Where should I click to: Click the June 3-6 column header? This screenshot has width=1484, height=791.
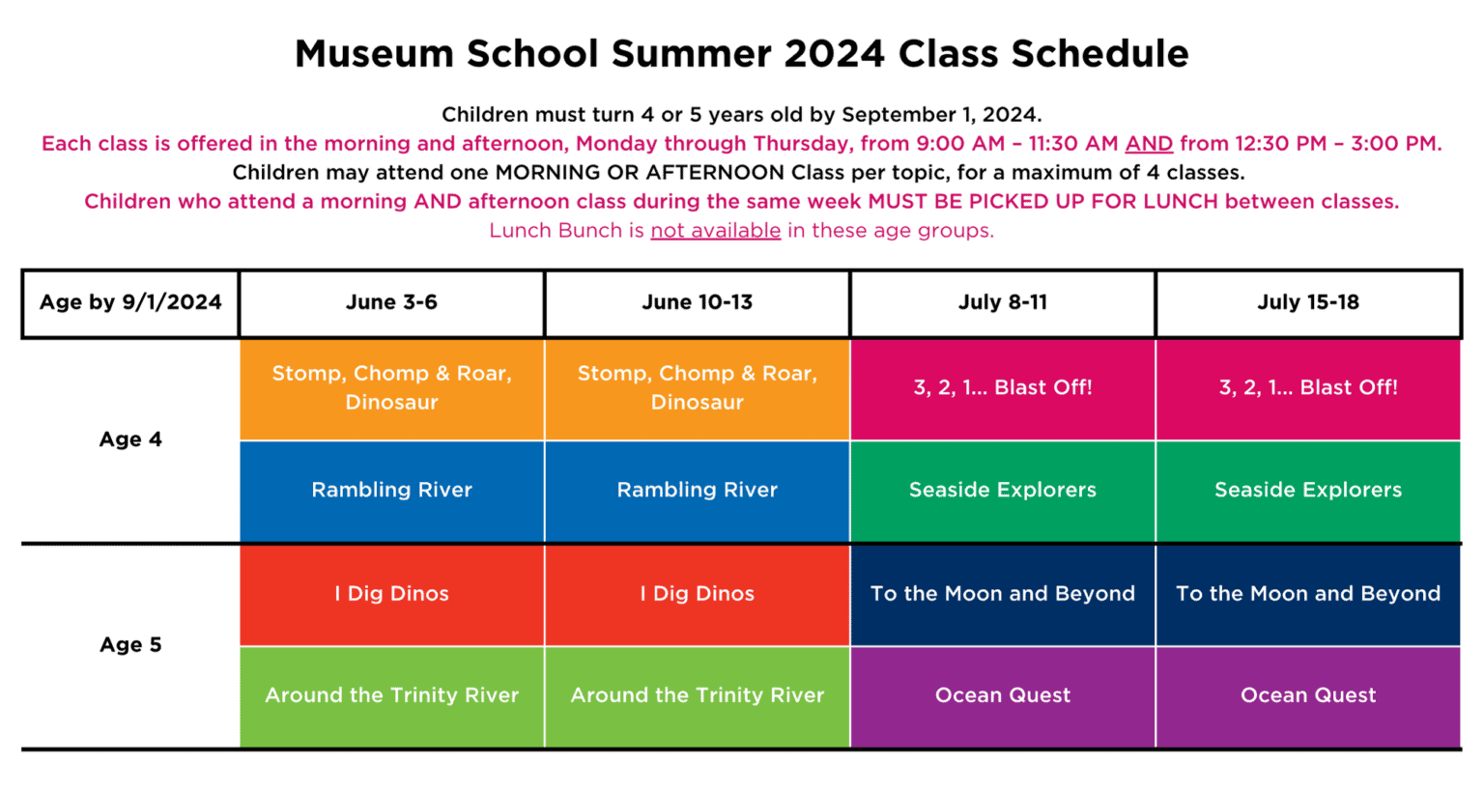click(x=391, y=302)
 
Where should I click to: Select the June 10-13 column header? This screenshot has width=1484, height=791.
click(x=697, y=302)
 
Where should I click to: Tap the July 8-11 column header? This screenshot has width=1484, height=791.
click(x=1002, y=302)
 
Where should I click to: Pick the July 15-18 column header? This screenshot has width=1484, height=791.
click(x=1307, y=302)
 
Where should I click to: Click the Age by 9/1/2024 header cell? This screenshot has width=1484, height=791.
click(x=130, y=302)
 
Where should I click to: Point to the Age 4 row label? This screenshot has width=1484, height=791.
click(x=130, y=439)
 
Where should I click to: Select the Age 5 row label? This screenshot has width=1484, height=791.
click(x=130, y=645)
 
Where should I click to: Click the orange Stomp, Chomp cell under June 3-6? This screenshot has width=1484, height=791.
click(x=391, y=388)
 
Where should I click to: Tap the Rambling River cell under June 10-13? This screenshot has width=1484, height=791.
click(x=697, y=491)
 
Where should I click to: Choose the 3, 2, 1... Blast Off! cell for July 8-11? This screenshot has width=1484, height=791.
click(x=1002, y=388)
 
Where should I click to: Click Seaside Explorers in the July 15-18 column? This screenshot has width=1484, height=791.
click(x=1307, y=491)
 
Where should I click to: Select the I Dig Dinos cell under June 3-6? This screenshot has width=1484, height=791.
click(x=391, y=594)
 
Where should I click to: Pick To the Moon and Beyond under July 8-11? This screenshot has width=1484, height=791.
click(x=1002, y=594)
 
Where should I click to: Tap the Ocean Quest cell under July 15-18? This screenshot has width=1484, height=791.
click(x=1307, y=695)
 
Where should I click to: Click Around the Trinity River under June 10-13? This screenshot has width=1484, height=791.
click(x=697, y=695)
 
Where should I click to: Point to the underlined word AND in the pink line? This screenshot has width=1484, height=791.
click(x=1148, y=144)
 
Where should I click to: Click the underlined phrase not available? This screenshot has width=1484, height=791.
click(x=715, y=231)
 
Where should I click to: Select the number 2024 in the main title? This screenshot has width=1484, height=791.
click(x=834, y=54)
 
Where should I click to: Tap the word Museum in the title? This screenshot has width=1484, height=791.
click(x=374, y=54)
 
